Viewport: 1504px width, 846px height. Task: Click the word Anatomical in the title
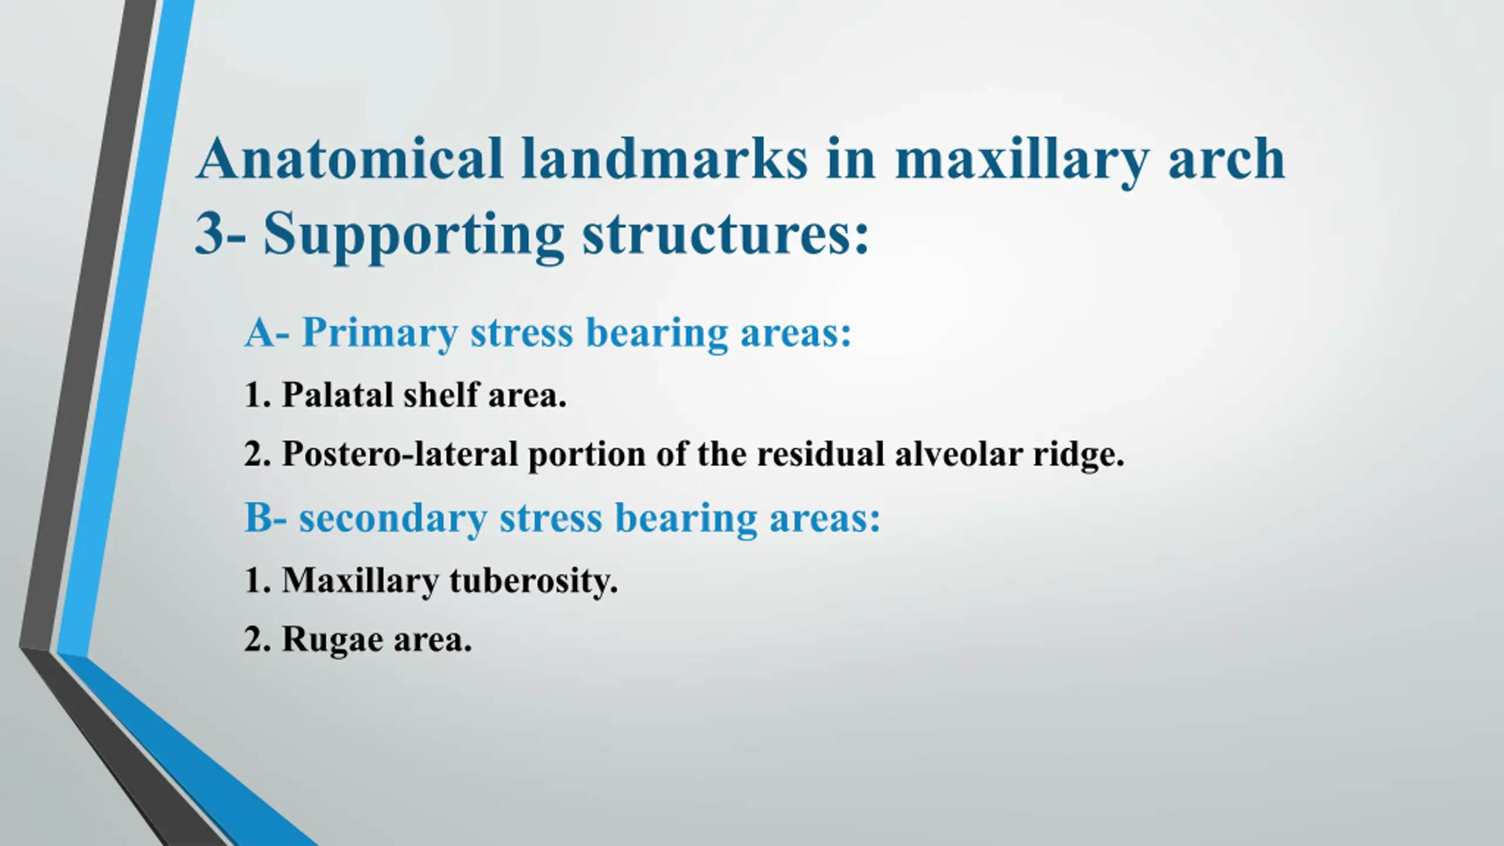coord(350,158)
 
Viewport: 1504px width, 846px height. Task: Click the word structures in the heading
coord(725,234)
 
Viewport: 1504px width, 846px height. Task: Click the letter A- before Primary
coord(267,333)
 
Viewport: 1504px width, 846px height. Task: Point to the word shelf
coord(441,394)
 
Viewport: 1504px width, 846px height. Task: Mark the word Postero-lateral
coord(400,454)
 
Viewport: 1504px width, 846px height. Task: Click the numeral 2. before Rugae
coord(258,639)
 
